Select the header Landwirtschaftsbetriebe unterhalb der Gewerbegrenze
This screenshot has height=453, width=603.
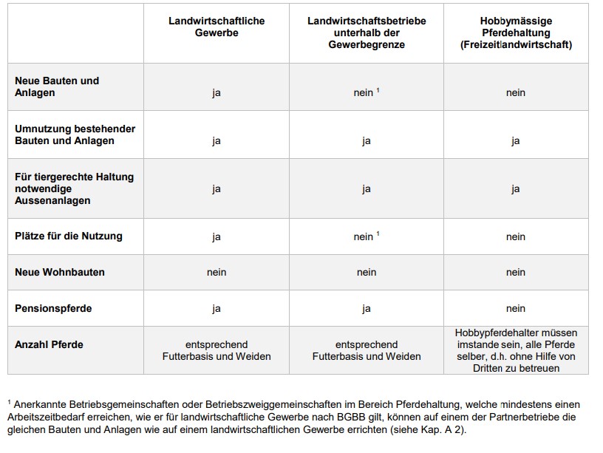[367, 33]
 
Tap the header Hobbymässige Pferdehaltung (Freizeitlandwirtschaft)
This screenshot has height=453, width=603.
[516, 33]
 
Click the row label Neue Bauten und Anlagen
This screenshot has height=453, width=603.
[57, 86]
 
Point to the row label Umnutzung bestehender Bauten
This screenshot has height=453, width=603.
[75, 134]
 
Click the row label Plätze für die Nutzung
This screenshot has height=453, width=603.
[69, 236]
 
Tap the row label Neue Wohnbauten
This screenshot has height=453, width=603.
[60, 272]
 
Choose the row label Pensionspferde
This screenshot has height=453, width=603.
[53, 308]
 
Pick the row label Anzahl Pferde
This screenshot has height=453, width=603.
[49, 344]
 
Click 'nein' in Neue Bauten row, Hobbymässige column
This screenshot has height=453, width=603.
[516, 93]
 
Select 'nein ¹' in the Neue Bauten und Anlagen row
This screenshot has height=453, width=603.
[366, 93]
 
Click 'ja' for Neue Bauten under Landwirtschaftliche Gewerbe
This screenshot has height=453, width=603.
[217, 93]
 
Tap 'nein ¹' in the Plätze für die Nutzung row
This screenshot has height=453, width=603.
[366, 236]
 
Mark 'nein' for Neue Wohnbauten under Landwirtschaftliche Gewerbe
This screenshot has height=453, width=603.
[217, 272]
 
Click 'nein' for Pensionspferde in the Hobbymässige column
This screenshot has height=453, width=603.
[516, 308]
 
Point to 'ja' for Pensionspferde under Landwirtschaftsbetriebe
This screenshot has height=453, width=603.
[367, 308]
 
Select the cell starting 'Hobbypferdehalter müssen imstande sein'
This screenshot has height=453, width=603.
[516, 350]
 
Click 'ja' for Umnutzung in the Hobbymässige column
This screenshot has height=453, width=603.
[516, 140]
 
